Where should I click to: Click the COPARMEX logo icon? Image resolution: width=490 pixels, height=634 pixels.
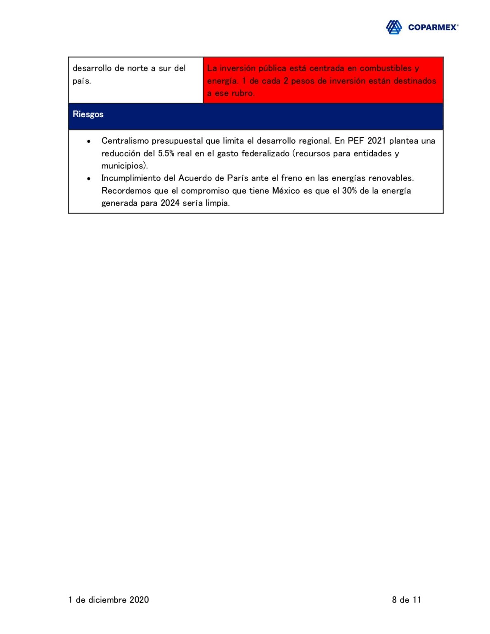pyautogui.click(x=393, y=27)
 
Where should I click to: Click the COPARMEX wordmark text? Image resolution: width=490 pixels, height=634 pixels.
pyautogui.click(x=433, y=27)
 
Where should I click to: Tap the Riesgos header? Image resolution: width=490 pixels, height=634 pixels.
pyautogui.click(x=88, y=114)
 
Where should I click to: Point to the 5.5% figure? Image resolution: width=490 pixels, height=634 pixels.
pyautogui.click(x=166, y=154)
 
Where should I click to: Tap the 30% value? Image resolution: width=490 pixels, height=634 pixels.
pyautogui.click(x=349, y=191)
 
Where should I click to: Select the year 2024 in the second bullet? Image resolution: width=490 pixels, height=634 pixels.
pyautogui.click(x=170, y=203)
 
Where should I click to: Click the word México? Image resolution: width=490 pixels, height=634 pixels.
pyautogui.click(x=286, y=191)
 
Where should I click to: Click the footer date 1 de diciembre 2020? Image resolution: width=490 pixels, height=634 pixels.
pyautogui.click(x=109, y=600)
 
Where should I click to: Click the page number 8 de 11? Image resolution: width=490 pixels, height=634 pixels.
pyautogui.click(x=406, y=600)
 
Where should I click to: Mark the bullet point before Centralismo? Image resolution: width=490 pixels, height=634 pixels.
pyautogui.click(x=89, y=142)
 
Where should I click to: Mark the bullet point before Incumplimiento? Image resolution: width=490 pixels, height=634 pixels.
pyautogui.click(x=89, y=179)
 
